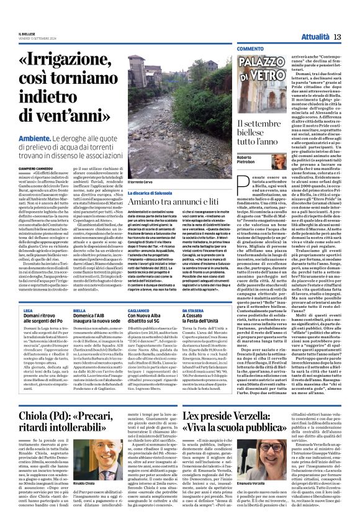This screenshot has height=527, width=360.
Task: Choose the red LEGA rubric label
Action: (28, 309)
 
